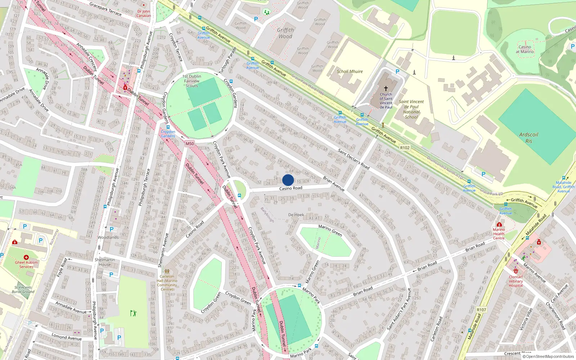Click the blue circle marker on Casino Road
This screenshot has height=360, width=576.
[x=288, y=180]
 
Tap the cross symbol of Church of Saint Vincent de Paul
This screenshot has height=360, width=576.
[x=386, y=89]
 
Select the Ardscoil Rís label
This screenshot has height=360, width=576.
[x=528, y=138]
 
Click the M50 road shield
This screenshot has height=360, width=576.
[x=190, y=144]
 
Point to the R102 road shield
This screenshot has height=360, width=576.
[x=405, y=148]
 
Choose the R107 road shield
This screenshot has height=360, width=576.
[x=481, y=310]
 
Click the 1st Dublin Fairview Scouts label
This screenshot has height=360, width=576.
[x=192, y=81]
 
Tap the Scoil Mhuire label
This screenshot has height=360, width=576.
[x=350, y=71]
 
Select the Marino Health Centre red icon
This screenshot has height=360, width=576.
[x=499, y=224]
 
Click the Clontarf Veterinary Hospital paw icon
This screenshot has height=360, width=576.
[x=516, y=271]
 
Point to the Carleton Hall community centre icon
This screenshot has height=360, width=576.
[x=167, y=271]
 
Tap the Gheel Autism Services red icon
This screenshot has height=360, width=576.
[x=26, y=257]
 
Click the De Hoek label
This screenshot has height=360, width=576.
[x=296, y=215]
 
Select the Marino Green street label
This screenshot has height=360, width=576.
[x=330, y=230]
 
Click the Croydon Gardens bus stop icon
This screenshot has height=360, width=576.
[x=167, y=127]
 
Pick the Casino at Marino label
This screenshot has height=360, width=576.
[x=525, y=49]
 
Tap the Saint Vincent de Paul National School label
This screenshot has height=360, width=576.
[x=411, y=109]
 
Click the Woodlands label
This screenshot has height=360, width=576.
[x=108, y=238]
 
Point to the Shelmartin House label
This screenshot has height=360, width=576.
[x=105, y=262]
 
